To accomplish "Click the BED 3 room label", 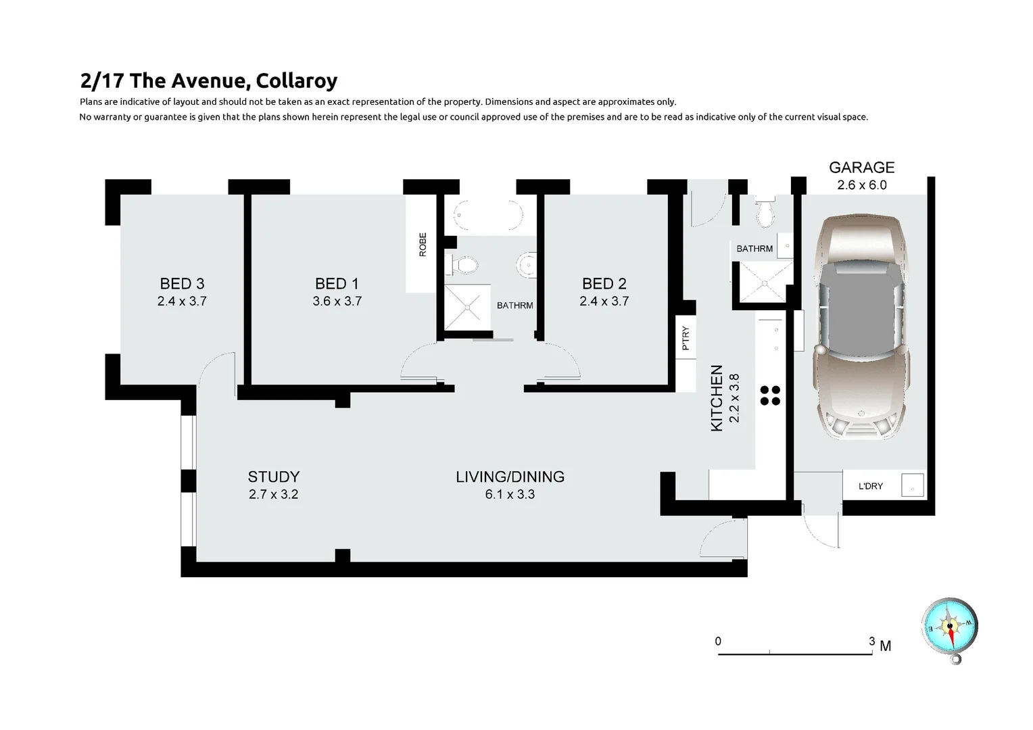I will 182,284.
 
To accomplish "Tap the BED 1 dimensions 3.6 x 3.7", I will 337,301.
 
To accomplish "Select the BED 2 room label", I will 604,284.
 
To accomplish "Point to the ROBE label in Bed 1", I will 423,245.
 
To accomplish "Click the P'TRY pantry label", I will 686,338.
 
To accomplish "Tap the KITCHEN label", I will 717,398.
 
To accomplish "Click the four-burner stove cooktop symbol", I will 770,395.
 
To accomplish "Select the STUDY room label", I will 273,477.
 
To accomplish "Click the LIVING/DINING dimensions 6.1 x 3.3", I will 510,495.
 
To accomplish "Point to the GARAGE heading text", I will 861,168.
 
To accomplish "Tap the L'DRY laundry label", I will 870,486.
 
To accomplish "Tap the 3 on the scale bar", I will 872,641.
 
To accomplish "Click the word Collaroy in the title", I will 297,81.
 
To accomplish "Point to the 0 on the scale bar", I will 718,641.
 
